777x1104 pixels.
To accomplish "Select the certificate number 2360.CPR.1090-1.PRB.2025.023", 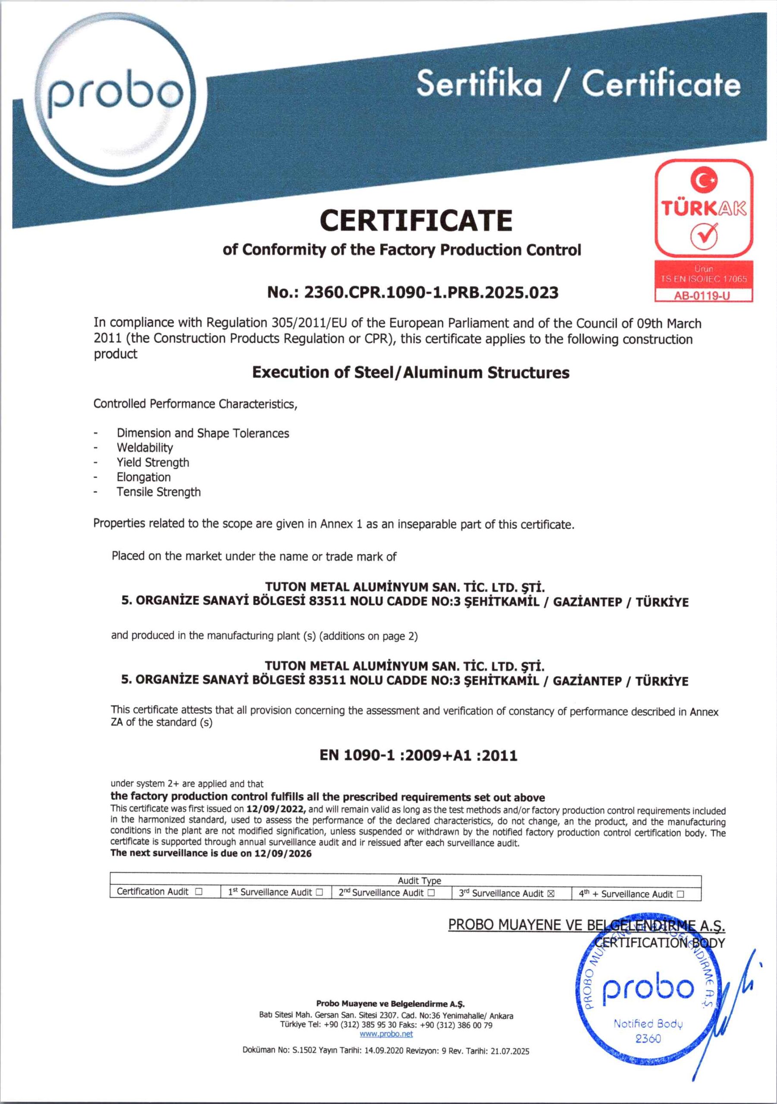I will point(431,292).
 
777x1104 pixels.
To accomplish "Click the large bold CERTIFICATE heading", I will point(416,220).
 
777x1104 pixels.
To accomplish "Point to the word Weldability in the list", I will point(145,448).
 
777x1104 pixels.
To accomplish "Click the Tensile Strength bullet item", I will point(159,492).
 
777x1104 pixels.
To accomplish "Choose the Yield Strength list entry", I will point(153,463).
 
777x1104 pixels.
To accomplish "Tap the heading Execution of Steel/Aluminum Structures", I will point(410,373).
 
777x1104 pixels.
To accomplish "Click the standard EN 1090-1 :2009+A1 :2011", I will point(418,756).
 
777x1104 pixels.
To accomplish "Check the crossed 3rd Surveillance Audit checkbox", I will point(551,894).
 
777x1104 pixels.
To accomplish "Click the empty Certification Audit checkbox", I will point(199,891).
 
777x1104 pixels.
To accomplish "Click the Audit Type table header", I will point(419,881).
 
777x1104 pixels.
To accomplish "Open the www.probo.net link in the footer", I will point(386,1034).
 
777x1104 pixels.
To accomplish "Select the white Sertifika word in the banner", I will point(479,83).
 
